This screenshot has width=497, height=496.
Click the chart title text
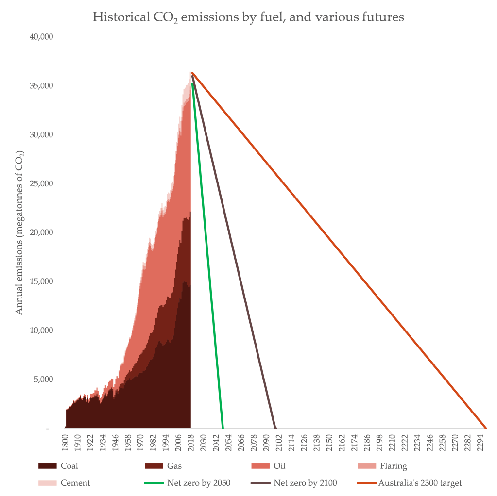(248, 18)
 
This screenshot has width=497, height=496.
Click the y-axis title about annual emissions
(19, 232)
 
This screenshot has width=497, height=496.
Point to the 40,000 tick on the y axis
(42, 37)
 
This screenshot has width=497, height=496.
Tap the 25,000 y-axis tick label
(42, 183)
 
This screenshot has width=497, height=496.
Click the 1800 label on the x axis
(66, 443)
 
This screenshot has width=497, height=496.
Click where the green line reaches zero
(223, 428)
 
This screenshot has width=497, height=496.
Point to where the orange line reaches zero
(486, 428)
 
